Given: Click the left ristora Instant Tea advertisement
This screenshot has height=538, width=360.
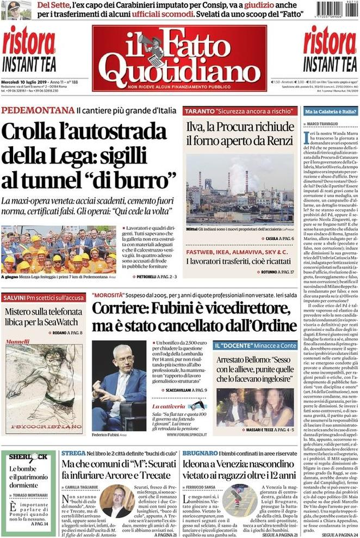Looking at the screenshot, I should click(x=29, y=49).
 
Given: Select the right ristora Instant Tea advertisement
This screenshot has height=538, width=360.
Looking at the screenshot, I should click(x=330, y=49).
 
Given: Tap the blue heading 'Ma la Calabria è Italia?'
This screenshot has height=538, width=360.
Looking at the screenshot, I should click(x=331, y=111).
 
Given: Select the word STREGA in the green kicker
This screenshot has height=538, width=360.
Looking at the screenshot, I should click(x=73, y=453).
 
